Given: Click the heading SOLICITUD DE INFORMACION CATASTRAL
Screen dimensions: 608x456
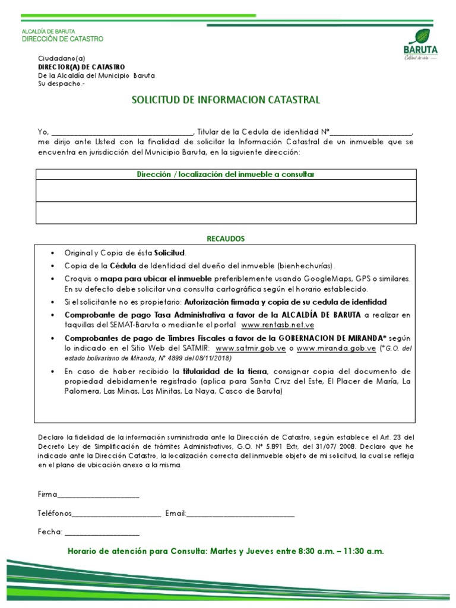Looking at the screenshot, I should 226,100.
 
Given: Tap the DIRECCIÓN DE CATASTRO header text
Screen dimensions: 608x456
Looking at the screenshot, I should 62,39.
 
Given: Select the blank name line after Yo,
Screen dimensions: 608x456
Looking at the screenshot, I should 122,132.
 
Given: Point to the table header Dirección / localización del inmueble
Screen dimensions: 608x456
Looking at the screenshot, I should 226,174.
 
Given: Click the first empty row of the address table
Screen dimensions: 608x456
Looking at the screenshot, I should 226,191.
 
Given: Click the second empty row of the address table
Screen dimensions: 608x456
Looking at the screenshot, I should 226,213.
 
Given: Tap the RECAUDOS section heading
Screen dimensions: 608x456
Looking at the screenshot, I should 226,239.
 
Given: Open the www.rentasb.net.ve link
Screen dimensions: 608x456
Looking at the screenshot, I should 277,325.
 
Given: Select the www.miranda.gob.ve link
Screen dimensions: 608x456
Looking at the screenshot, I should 336,349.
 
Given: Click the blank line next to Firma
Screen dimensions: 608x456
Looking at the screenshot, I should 99,495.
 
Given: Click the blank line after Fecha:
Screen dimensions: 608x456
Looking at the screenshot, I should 102,533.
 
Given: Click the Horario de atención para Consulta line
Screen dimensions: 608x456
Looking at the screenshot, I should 226,552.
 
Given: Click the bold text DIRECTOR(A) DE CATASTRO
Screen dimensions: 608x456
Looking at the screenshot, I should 81,67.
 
